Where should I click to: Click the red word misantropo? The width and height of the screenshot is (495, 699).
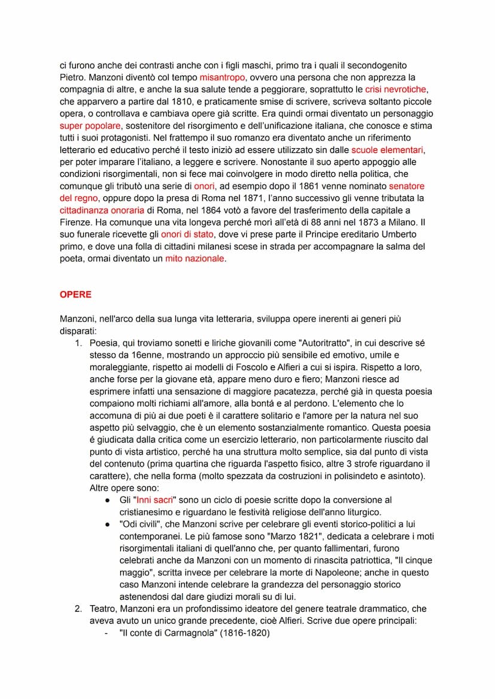222,78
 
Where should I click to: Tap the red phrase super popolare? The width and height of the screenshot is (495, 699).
90,126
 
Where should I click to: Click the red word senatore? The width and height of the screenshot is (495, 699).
407,186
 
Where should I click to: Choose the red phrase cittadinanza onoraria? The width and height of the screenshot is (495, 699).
102,210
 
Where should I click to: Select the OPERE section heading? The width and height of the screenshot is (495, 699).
75,295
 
